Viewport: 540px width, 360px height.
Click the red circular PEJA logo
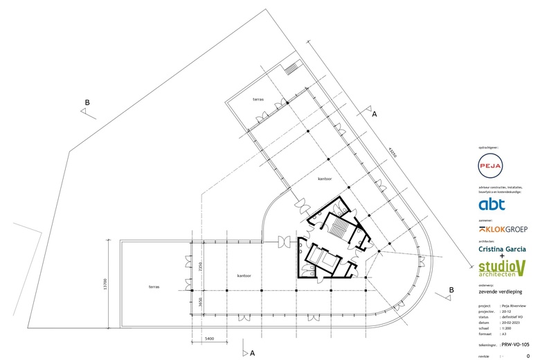coord(491,165)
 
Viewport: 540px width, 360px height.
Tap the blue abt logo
coord(492,204)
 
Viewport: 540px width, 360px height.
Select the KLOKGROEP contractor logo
coord(503,229)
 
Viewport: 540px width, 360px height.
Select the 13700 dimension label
coord(105,283)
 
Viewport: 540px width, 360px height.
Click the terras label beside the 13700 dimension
coord(155,286)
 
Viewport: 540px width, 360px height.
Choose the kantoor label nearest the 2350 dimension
coord(244,276)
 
